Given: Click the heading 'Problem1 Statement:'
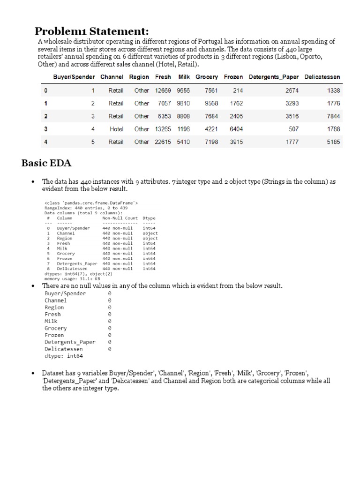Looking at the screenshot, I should [92, 31].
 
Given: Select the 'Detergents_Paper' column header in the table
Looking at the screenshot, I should [274, 77].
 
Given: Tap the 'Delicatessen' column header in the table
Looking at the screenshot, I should [322, 77].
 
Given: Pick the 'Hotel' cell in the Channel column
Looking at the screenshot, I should [116, 129].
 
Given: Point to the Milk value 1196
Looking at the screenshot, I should [183, 129].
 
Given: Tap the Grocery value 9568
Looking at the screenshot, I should [211, 103].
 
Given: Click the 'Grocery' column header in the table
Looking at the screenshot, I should [207, 77].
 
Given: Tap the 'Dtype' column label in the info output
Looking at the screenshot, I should [149, 218].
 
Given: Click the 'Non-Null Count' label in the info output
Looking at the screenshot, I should [120, 218].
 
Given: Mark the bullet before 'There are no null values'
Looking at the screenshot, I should [33, 286].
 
